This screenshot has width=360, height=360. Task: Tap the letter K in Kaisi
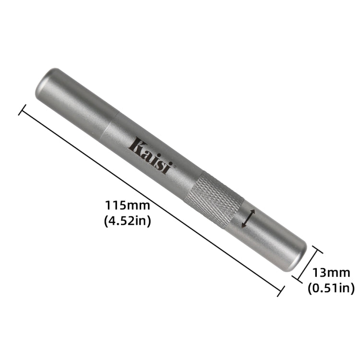click(x=137, y=145)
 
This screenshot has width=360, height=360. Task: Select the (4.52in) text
click(x=128, y=221)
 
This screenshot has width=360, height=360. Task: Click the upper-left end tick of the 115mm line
click(x=22, y=109)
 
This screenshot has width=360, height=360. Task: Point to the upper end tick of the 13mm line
click(x=317, y=250)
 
